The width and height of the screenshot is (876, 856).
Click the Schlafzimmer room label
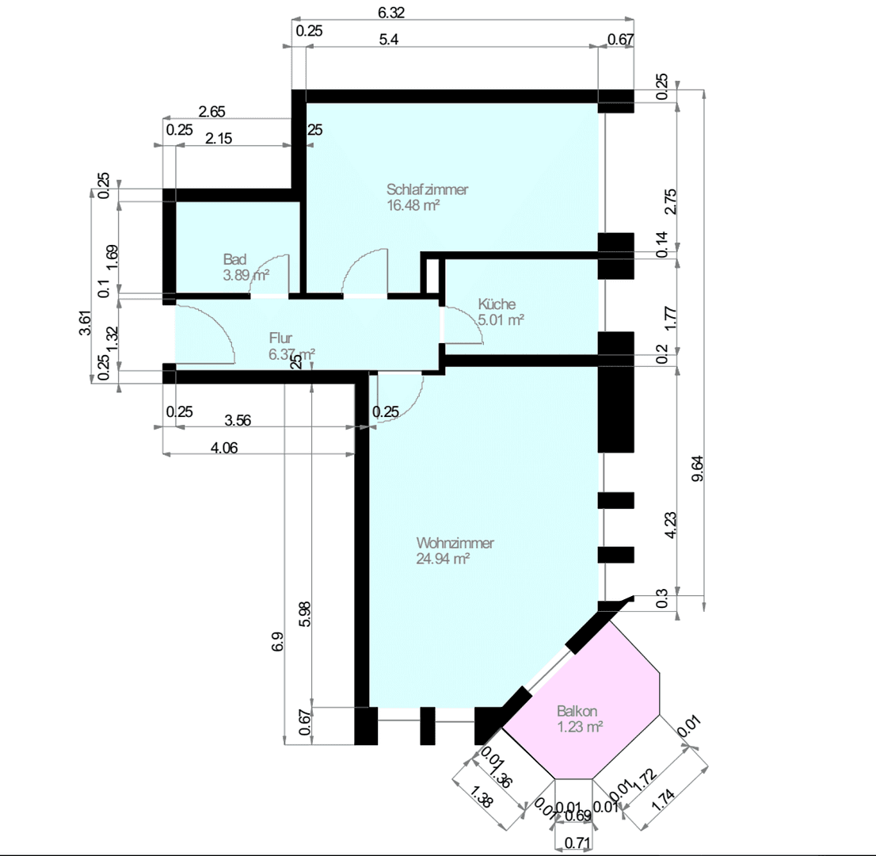tap(427, 189)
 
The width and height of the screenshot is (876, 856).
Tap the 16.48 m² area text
tap(413, 204)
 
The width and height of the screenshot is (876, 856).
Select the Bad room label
tap(234, 260)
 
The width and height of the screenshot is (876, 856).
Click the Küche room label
tap(497, 304)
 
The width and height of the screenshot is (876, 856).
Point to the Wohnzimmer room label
tap(455, 543)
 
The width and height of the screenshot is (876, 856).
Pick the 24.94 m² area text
tap(443, 558)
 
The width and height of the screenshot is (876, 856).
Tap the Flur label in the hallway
tap(280, 338)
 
